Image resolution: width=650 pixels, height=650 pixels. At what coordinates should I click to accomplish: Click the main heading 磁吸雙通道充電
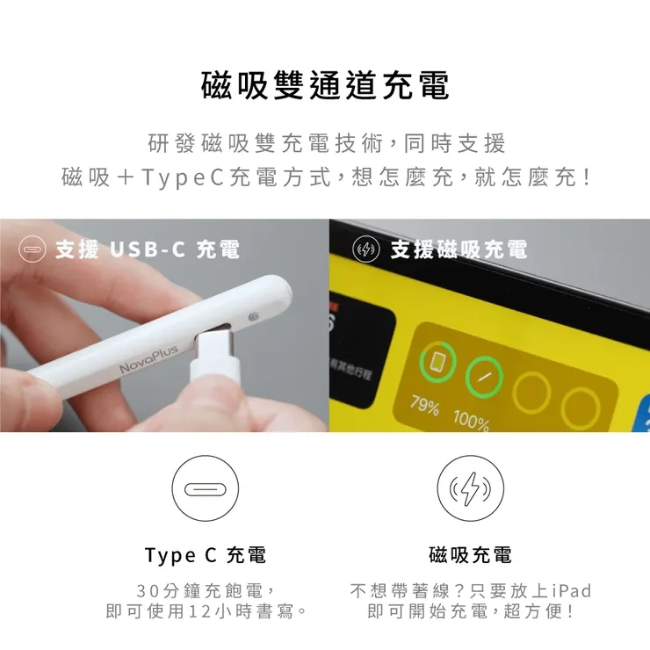[x=325, y=86]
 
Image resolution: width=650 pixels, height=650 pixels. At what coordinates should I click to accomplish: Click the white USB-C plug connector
[x=214, y=356]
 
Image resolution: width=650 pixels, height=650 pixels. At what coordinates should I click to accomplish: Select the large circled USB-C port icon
[x=205, y=488]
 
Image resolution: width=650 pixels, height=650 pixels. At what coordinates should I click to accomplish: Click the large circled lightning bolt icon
[x=470, y=488]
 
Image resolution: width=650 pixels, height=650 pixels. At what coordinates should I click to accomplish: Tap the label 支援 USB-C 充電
[x=147, y=249]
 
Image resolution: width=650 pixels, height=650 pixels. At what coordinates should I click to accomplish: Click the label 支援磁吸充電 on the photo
[x=458, y=249]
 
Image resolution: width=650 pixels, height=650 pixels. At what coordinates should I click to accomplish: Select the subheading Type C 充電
[x=205, y=555]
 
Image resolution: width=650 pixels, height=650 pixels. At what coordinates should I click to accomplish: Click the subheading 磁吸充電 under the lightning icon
[x=470, y=555]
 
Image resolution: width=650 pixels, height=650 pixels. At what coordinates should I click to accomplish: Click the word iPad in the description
[x=572, y=589]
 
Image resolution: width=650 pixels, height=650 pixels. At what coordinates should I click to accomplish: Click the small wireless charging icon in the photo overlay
[x=365, y=249]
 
